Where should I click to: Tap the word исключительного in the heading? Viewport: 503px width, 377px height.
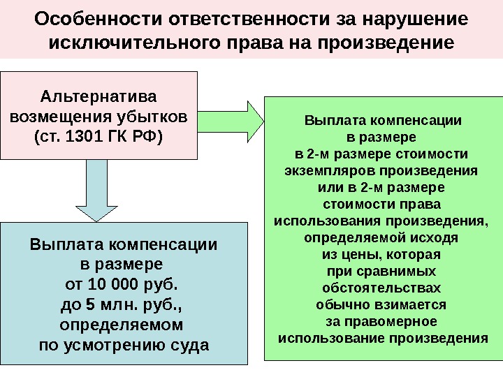point(137,43)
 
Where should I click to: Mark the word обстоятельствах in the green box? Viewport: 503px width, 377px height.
point(382,288)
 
